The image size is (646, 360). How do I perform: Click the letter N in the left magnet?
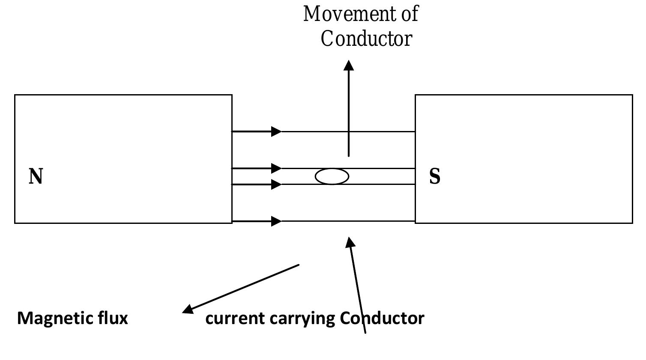click(x=36, y=176)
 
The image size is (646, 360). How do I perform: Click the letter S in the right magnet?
click(x=434, y=176)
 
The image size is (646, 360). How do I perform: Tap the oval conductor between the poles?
click(x=332, y=176)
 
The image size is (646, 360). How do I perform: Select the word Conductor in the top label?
click(x=366, y=39)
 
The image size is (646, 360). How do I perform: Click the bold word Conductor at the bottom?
click(x=382, y=318)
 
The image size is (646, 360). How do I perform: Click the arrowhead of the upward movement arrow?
click(x=349, y=65)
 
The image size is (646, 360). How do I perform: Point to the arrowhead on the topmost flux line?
click(x=276, y=131)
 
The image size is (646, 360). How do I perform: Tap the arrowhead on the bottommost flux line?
click(x=276, y=221)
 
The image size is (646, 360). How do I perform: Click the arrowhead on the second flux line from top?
click(x=276, y=168)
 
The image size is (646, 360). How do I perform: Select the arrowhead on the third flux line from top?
click(x=276, y=184)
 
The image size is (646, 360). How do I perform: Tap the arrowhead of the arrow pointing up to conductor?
click(x=350, y=242)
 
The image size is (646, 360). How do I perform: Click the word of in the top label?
click(x=410, y=14)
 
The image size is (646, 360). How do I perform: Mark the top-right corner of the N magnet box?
click(x=232, y=95)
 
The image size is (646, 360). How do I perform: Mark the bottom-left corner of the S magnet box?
click(x=416, y=223)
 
